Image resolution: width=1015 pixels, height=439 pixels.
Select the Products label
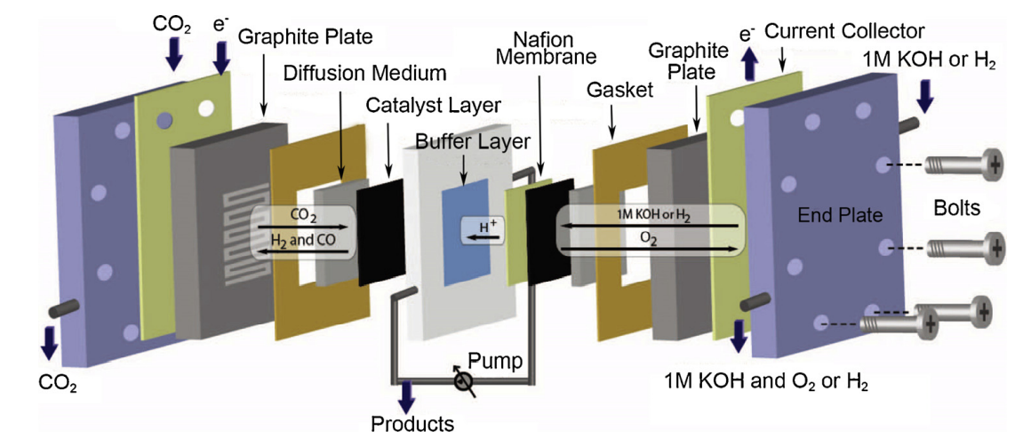coord(412,423)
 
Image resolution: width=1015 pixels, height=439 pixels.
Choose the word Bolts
coord(956,210)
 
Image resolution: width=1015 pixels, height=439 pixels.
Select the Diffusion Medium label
coord(365,71)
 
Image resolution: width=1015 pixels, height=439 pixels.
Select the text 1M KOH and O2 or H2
coord(765,382)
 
